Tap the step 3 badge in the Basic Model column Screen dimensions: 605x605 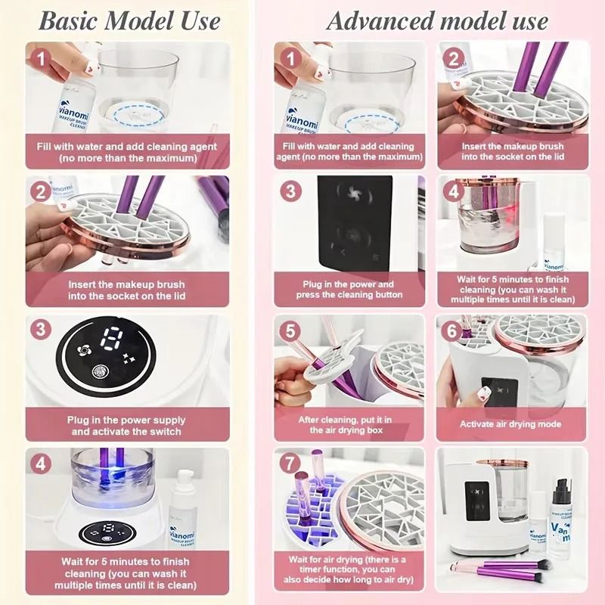click(41, 330)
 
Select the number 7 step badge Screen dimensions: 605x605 click(290, 462)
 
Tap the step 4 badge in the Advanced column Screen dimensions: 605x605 click(454, 191)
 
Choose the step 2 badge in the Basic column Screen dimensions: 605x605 click(41, 191)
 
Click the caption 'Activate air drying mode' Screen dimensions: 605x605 click(511, 424)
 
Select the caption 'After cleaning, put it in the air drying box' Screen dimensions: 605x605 click(346, 424)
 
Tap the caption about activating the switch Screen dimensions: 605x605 click(126, 426)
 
